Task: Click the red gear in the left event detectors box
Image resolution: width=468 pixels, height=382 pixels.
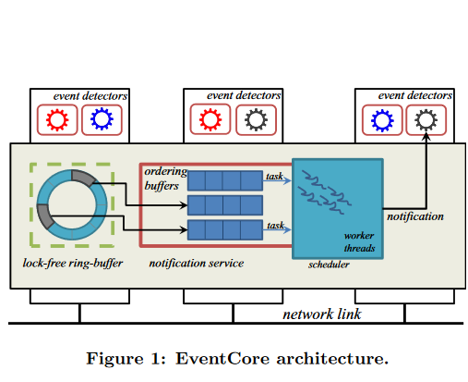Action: pyautogui.click(x=57, y=119)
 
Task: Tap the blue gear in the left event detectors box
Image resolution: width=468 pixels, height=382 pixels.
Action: pyautogui.click(x=102, y=118)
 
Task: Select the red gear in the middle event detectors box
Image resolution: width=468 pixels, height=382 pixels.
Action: pyautogui.click(x=210, y=119)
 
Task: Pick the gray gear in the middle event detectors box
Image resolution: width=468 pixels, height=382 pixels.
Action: pyautogui.click(x=256, y=119)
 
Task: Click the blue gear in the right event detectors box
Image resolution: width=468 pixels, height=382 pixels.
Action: pyautogui.click(x=382, y=120)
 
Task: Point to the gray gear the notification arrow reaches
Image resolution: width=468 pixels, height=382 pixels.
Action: pyautogui.click(x=426, y=119)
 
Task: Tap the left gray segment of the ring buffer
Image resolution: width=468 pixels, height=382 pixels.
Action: pyautogui.click(x=45, y=216)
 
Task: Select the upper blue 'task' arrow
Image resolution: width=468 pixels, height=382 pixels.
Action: pyautogui.click(x=277, y=180)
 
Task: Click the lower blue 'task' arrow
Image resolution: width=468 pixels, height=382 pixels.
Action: pyautogui.click(x=277, y=229)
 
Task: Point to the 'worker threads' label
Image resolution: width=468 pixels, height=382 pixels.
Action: pyautogui.click(x=359, y=241)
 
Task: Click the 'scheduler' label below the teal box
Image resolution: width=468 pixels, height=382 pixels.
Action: pyautogui.click(x=329, y=265)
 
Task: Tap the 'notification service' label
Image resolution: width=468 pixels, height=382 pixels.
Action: pyautogui.click(x=197, y=263)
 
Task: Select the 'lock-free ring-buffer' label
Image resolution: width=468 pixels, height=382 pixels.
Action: pyautogui.click(x=73, y=263)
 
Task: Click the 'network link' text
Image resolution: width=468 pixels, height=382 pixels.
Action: pyautogui.click(x=322, y=314)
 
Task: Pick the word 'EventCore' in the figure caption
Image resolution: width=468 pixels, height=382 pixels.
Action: pyautogui.click(x=222, y=359)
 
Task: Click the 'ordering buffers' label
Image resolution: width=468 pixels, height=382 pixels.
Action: pyautogui.click(x=165, y=179)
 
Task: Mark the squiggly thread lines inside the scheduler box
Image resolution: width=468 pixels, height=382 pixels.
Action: pyautogui.click(x=324, y=192)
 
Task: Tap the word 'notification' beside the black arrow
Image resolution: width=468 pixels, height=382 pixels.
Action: pyautogui.click(x=415, y=216)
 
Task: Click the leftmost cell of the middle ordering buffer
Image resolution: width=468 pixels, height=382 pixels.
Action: pyautogui.click(x=197, y=205)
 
